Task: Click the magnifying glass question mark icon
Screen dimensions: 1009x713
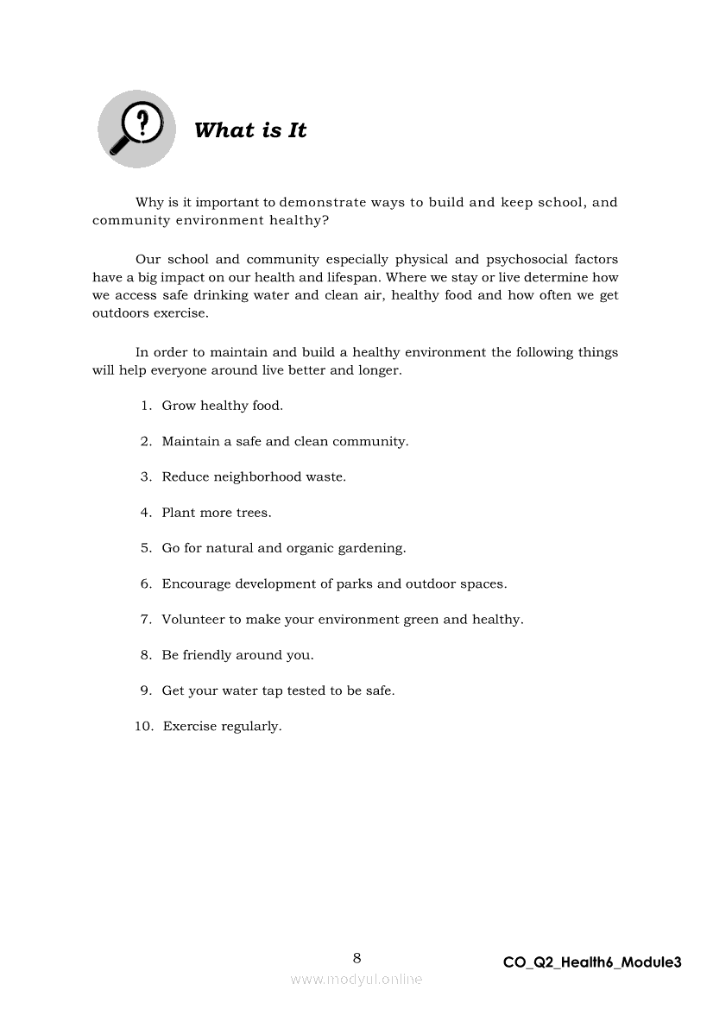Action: click(136, 129)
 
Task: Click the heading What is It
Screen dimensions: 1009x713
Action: click(250, 130)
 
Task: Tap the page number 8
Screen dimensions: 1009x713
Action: click(356, 957)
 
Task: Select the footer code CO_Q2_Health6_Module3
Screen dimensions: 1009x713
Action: click(592, 962)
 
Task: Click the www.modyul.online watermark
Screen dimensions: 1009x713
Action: click(356, 979)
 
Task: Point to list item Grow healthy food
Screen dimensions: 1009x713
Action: click(222, 406)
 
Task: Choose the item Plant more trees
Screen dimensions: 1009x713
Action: click(216, 513)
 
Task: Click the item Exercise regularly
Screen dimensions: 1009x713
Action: click(222, 727)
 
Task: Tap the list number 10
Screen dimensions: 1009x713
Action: click(143, 727)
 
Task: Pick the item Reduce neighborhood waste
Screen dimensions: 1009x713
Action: click(254, 476)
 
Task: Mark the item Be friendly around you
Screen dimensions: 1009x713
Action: click(237, 655)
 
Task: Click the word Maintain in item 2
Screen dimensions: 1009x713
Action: click(191, 441)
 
